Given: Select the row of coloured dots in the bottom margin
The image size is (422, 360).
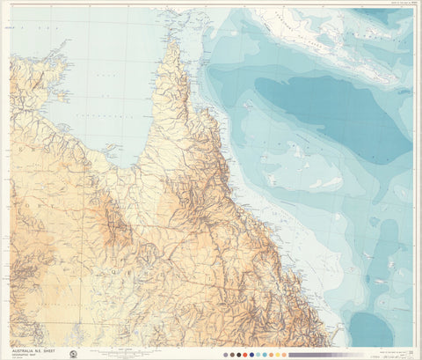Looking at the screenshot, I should click(x=255, y=354).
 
